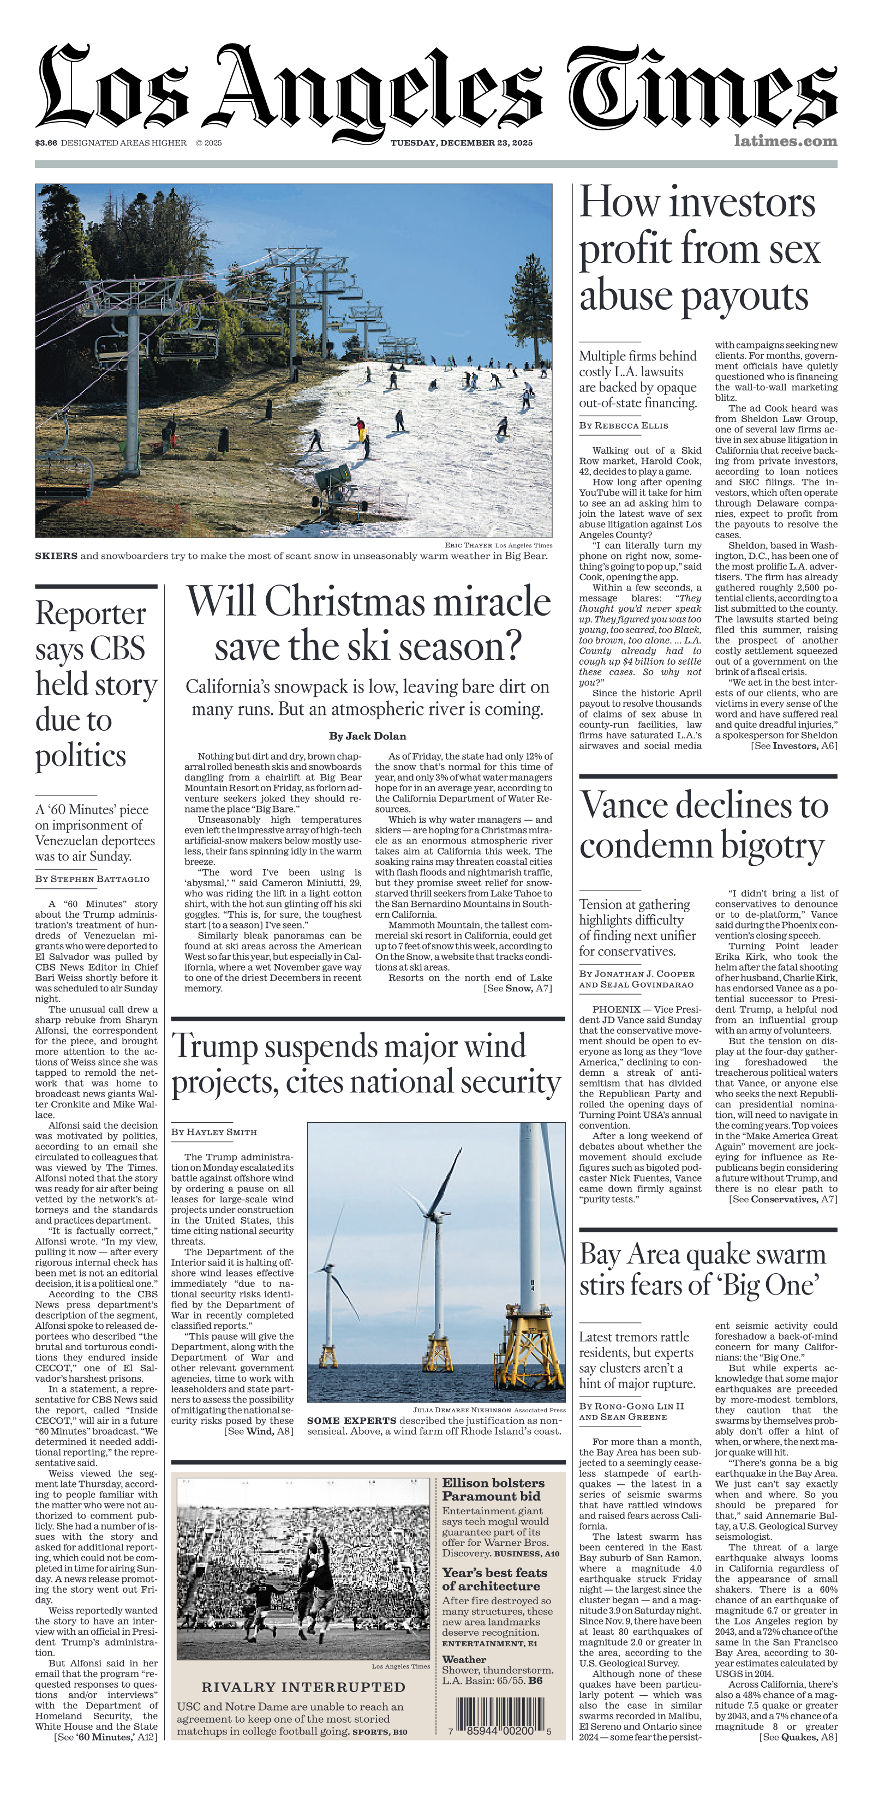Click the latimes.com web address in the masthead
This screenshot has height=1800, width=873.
tap(785, 141)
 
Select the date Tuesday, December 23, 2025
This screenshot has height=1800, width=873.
tap(461, 142)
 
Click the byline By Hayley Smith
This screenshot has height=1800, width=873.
tap(214, 1132)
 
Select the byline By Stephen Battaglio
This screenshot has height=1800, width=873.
tap(92, 879)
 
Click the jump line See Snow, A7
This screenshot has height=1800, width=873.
tap(518, 988)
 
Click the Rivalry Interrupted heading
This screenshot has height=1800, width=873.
tap(303, 1687)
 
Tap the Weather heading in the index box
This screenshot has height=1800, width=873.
tap(464, 1659)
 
